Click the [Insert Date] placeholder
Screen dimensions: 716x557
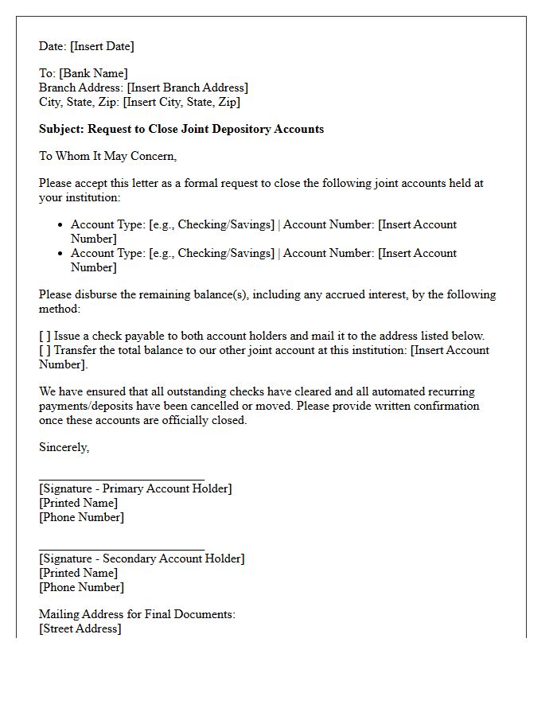click(x=103, y=46)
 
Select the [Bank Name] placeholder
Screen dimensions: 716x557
click(x=93, y=73)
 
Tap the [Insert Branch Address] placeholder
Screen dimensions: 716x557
click(x=187, y=88)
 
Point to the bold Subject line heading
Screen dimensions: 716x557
click(x=181, y=129)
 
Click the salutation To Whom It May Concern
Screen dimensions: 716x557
click(x=107, y=156)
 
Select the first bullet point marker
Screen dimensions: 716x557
click(x=60, y=225)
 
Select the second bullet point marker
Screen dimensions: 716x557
click(x=60, y=254)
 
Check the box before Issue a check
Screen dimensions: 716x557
click(x=45, y=336)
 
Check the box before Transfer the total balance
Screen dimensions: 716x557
click(x=45, y=350)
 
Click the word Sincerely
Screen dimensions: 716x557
click(x=64, y=447)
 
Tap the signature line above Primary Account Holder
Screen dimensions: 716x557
click(x=121, y=480)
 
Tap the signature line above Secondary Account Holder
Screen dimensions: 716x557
click(x=121, y=550)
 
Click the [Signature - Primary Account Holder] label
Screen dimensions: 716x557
click(x=135, y=488)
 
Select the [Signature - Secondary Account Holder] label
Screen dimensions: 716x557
click(x=142, y=558)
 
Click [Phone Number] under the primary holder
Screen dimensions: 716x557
click(x=81, y=517)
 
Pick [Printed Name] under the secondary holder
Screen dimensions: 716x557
click(x=78, y=573)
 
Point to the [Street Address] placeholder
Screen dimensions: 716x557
click(x=80, y=628)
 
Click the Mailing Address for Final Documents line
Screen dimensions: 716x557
click(x=137, y=614)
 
